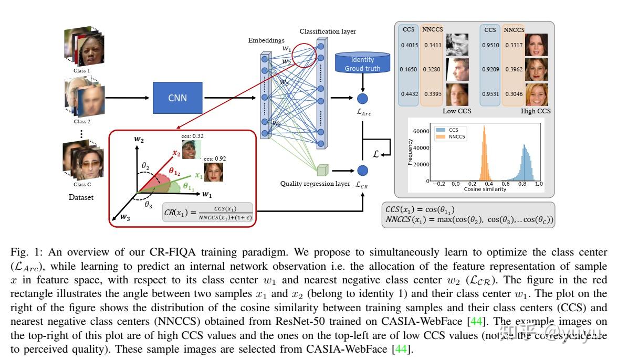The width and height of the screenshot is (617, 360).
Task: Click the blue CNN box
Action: click(177, 98)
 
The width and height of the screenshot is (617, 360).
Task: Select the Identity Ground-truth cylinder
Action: click(363, 63)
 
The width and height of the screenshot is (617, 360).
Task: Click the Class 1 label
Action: click(81, 70)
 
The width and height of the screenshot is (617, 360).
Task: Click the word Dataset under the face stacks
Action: click(82, 198)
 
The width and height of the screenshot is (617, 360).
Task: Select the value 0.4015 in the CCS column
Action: click(409, 46)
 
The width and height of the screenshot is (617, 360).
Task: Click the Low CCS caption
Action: click(457, 111)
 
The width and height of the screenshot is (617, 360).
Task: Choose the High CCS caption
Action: click(535, 111)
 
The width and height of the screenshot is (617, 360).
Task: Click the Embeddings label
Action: click(266, 40)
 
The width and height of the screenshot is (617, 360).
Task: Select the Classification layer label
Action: click(328, 31)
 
